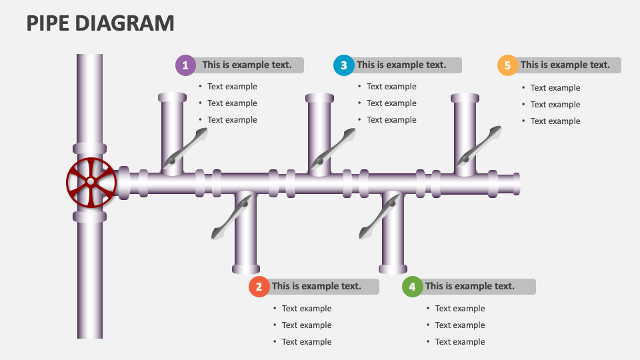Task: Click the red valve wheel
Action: click(x=91, y=182)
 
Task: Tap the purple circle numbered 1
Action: click(x=185, y=65)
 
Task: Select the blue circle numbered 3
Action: click(x=344, y=65)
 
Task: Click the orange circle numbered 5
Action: click(x=508, y=65)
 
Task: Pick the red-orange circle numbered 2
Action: click(x=259, y=287)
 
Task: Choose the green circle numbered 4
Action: click(x=413, y=287)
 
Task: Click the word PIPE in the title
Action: click(x=47, y=23)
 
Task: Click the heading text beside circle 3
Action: click(x=401, y=65)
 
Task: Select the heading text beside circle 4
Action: click(x=470, y=287)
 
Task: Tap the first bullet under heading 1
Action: click(x=232, y=87)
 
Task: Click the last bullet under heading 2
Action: click(x=307, y=342)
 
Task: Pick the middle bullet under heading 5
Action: click(x=555, y=105)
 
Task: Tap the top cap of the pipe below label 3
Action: click(x=319, y=98)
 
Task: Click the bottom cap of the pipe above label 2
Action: click(x=246, y=269)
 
